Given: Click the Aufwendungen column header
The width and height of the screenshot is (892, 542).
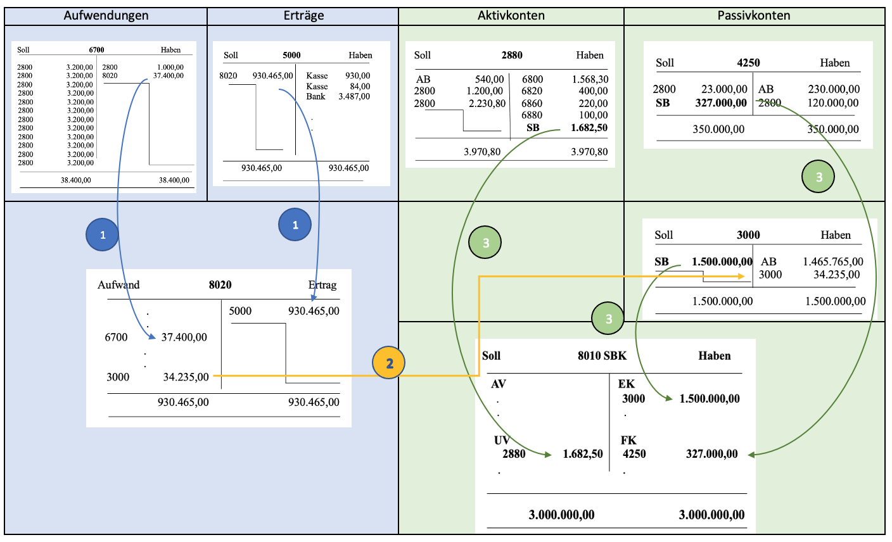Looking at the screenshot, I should tap(106, 16).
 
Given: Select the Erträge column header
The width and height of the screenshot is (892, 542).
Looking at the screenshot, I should tap(303, 16).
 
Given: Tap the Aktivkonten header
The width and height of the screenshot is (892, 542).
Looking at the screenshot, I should tap(511, 16).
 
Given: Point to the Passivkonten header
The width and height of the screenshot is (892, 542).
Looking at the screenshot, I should tap(753, 16).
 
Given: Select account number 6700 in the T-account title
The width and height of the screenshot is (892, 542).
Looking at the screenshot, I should tap(96, 50).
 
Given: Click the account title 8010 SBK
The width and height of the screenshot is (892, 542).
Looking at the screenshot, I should tap(602, 356).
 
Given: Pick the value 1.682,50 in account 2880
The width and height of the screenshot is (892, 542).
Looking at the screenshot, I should tap(589, 128).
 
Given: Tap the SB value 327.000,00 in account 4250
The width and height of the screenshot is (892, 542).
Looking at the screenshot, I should tap(720, 103).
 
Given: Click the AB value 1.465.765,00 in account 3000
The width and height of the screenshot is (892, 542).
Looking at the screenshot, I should tap(832, 262).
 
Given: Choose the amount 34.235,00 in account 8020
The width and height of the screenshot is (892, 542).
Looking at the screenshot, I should tap(186, 377).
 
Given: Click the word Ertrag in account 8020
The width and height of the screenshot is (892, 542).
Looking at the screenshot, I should tap(322, 285).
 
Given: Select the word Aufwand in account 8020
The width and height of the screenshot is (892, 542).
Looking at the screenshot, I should tap(118, 285).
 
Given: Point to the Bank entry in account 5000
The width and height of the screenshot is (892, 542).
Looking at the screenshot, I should tap(315, 97).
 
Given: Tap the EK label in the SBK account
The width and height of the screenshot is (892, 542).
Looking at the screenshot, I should tap(626, 384).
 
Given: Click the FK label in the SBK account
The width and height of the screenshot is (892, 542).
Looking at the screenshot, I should tap(628, 440).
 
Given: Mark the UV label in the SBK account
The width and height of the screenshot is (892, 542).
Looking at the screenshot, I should tap(502, 440).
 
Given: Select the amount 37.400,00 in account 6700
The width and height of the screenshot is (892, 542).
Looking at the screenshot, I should tap(169, 76).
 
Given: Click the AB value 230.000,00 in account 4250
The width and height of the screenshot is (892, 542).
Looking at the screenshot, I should tap(834, 89).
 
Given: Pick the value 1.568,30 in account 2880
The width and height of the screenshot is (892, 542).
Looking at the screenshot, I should tap(590, 79).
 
